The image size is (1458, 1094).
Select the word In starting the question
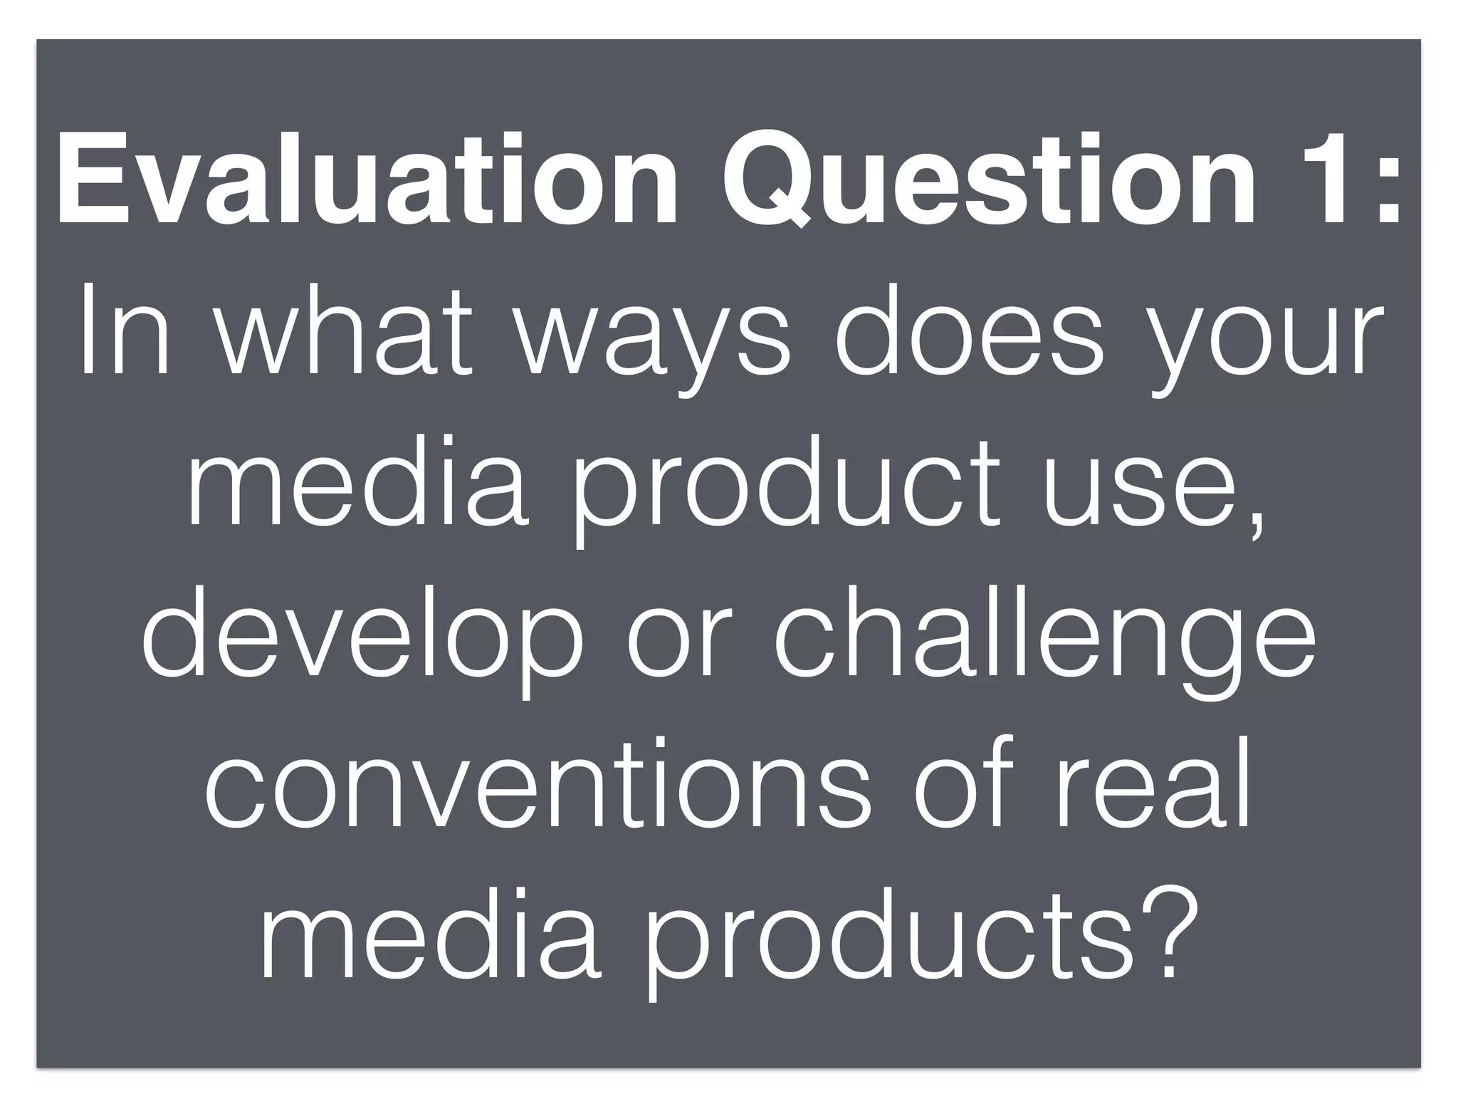(125, 331)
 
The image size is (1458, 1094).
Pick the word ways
(652, 342)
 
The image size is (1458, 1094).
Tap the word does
(969, 331)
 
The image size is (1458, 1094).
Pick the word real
(1154, 787)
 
